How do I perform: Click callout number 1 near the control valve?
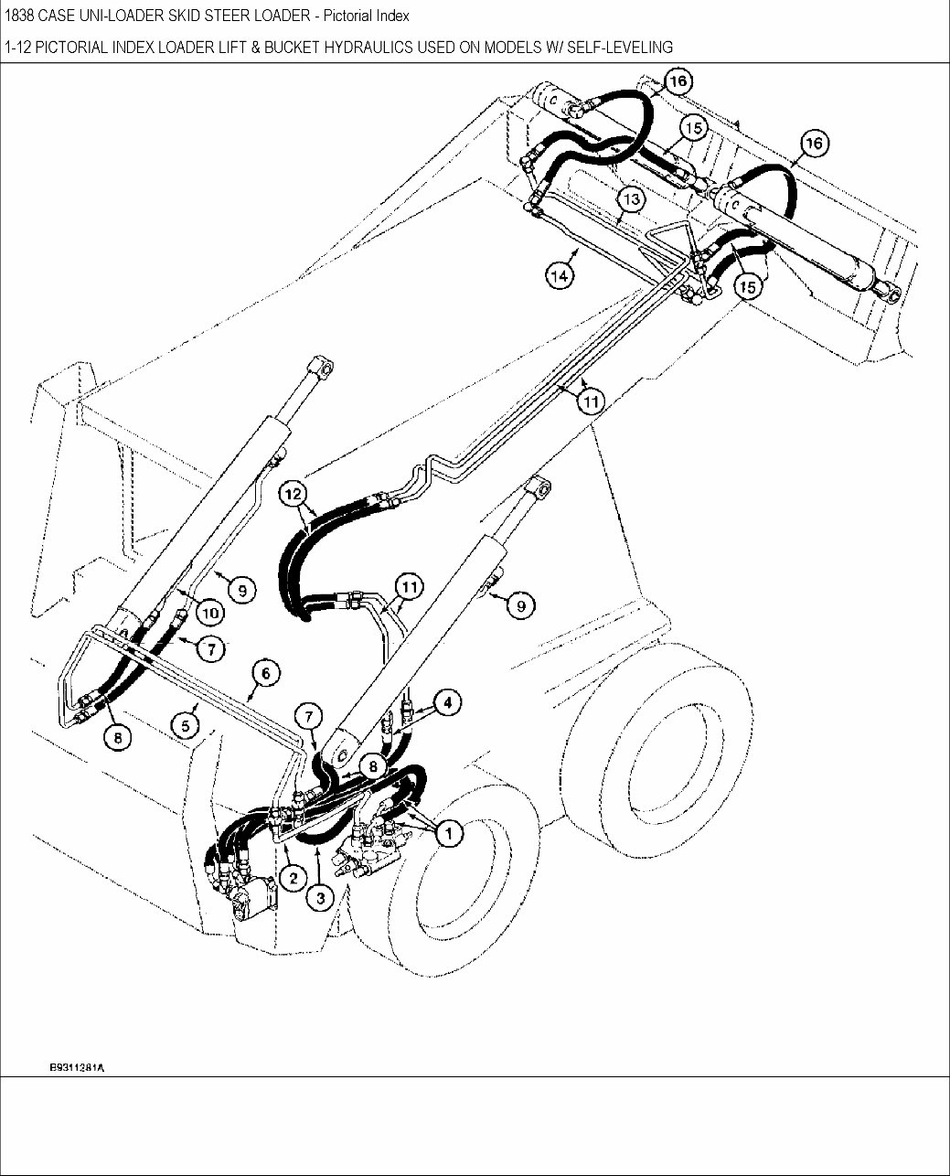[448, 832]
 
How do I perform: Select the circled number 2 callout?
[293, 879]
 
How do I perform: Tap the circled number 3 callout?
[320, 899]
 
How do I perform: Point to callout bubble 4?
[446, 702]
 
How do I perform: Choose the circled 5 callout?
[186, 725]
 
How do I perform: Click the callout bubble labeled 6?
[265, 674]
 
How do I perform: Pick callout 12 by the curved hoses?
[293, 494]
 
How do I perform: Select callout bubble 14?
[561, 274]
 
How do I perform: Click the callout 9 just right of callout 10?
[241, 591]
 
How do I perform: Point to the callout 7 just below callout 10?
[210, 648]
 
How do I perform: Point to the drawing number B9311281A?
[77, 1067]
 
